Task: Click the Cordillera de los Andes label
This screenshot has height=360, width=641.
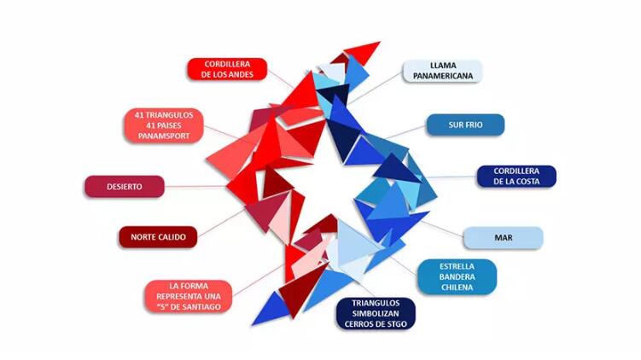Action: tap(227, 69)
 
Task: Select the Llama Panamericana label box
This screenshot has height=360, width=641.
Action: tap(442, 71)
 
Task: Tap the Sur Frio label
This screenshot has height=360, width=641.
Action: tap(465, 125)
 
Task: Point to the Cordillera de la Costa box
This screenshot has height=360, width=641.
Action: tap(516, 177)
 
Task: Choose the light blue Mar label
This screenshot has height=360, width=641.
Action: tap(504, 238)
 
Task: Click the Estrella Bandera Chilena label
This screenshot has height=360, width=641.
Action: tap(457, 276)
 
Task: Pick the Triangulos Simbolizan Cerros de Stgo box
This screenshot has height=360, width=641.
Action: tap(376, 314)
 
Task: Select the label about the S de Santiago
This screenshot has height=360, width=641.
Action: tap(189, 296)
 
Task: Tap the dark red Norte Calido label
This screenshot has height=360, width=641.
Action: tap(158, 237)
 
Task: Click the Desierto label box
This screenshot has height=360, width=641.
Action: tap(125, 187)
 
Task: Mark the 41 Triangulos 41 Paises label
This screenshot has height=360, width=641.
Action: tap(164, 125)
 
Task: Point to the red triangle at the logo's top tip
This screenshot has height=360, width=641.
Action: tap(364, 50)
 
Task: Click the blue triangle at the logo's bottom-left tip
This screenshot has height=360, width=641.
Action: tap(269, 310)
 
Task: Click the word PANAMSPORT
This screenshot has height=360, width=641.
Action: tap(164, 136)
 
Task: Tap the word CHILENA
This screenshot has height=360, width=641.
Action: tap(457, 287)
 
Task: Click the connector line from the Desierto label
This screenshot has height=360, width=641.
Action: tap(195, 186)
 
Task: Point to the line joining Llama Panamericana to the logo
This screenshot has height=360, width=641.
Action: tap(376, 88)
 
